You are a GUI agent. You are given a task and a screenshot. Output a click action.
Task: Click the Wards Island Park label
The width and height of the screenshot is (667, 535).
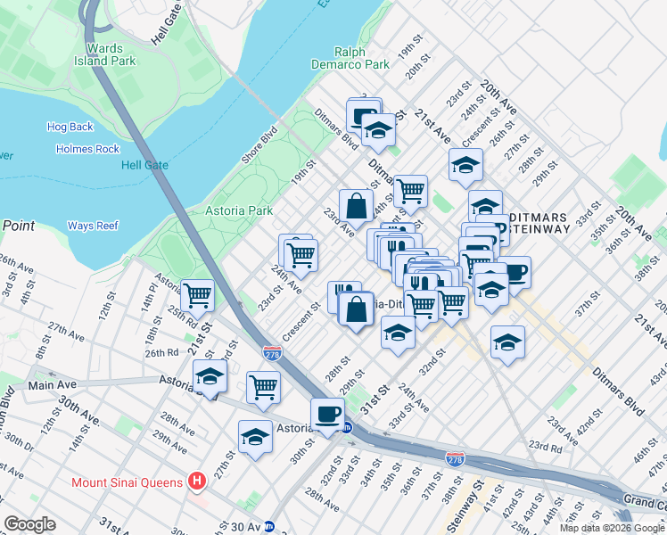click(111, 55)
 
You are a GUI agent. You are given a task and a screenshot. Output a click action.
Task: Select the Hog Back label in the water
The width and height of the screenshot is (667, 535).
click(70, 127)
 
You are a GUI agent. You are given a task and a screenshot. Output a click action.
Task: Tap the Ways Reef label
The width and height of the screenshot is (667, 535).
click(93, 226)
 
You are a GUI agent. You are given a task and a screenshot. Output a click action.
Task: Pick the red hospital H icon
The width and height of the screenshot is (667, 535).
click(198, 482)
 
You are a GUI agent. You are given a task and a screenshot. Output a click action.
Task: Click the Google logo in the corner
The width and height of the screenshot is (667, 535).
click(30, 524)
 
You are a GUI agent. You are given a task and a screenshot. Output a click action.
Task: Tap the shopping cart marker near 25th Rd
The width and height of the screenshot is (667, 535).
click(196, 295)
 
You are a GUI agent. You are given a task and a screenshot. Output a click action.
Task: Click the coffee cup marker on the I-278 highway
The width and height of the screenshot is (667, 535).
click(327, 414)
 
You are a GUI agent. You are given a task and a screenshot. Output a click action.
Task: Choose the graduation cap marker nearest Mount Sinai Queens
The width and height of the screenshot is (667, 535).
click(255, 437)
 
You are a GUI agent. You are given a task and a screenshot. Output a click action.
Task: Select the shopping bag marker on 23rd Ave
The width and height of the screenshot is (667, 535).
click(356, 205)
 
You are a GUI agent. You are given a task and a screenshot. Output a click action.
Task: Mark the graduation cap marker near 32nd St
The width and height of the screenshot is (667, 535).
click(398, 333)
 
